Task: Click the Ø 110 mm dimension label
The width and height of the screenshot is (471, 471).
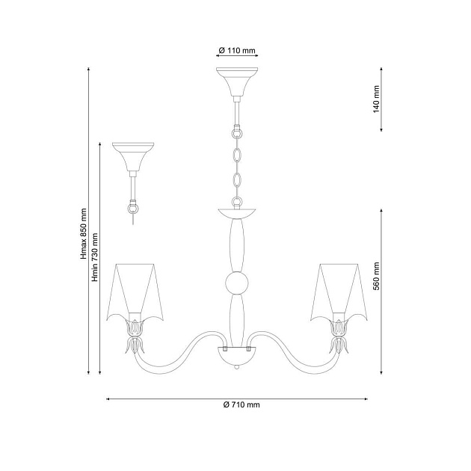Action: pyautogui.click(x=237, y=51)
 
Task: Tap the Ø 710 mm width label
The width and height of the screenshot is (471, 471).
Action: pyautogui.click(x=241, y=404)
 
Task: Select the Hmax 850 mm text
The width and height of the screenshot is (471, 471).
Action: pyautogui.click(x=84, y=234)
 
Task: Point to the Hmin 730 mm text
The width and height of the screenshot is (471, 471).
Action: pyautogui.click(x=95, y=257)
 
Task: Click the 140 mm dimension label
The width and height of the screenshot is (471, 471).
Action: pyautogui.click(x=376, y=99)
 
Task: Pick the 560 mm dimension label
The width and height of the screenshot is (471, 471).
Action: pyautogui.click(x=376, y=276)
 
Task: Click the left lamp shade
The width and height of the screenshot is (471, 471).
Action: pyautogui.click(x=135, y=292)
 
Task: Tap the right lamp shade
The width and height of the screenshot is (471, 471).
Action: pyautogui.click(x=339, y=292)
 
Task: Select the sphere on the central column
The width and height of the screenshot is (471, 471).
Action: pyautogui.click(x=237, y=283)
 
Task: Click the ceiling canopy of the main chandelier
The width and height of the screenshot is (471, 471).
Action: pyautogui.click(x=237, y=81)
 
